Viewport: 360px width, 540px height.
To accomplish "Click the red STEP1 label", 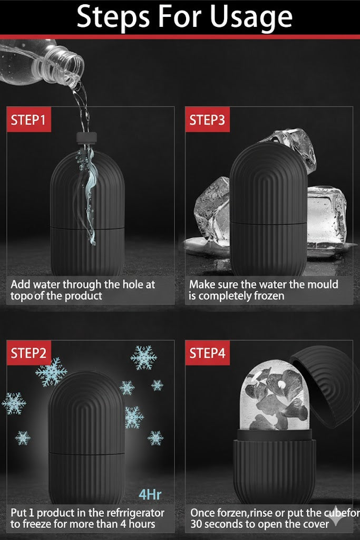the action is tap(28, 120).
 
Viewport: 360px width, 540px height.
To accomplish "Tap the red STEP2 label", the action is tap(28, 353).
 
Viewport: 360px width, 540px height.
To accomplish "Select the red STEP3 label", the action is tap(207, 120).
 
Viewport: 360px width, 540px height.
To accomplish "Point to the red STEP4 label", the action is tap(207, 353).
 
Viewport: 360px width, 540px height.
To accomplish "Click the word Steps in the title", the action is tap(113, 17).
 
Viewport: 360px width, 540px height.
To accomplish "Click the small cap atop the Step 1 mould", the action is tap(86, 138).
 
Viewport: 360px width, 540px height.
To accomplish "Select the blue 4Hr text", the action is tap(150, 495).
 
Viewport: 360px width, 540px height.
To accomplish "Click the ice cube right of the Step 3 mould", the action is tap(326, 217).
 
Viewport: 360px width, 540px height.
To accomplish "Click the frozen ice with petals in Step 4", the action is tap(274, 396).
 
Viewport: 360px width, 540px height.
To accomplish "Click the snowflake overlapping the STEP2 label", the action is tap(51, 372).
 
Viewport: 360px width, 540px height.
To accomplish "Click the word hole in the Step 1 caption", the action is tap(133, 284).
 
